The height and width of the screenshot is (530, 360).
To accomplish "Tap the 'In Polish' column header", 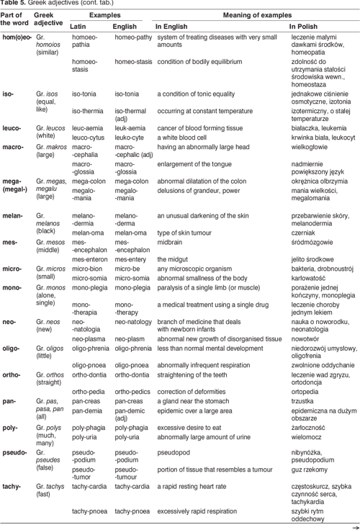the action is coord(302,26).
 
